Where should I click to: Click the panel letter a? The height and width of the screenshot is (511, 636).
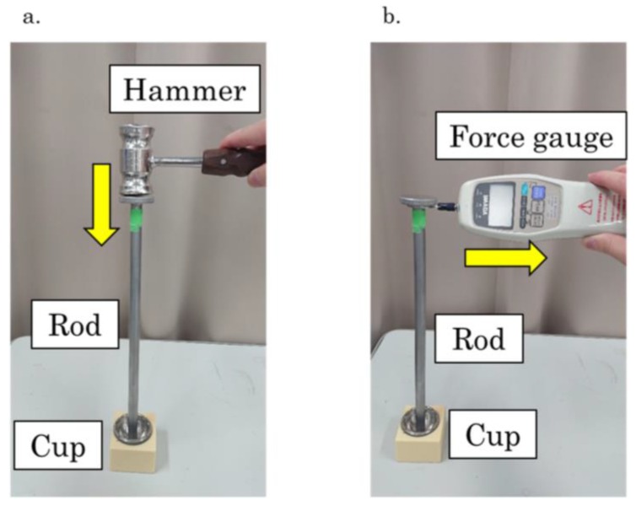[32, 16]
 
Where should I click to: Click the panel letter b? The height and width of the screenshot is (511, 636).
[391, 16]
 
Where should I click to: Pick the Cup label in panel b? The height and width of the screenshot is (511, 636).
[503, 436]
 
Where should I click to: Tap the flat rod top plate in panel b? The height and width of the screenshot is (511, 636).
[417, 201]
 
